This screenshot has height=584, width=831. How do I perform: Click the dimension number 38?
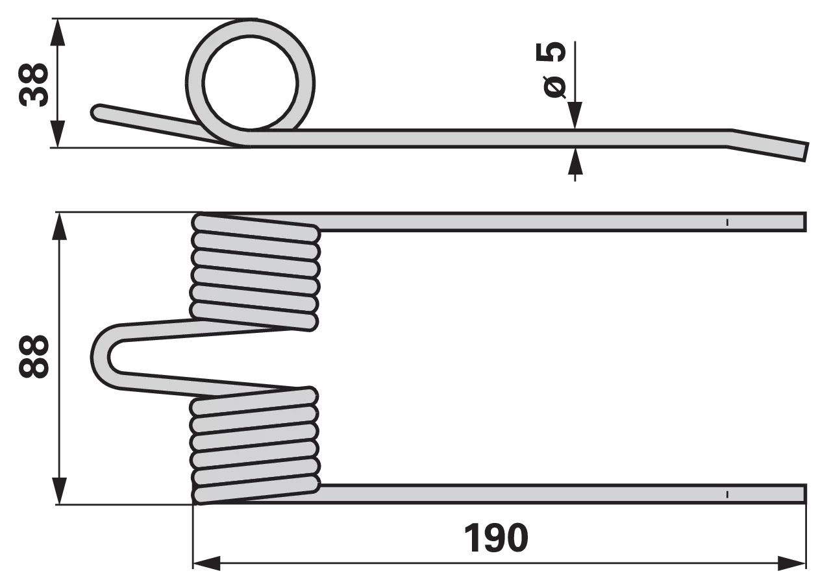(34, 85)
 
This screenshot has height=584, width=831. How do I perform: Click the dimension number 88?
(34, 357)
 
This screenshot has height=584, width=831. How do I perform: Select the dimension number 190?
(496, 538)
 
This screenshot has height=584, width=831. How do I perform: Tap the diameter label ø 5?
(551, 70)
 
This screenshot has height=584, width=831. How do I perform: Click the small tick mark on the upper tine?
(727, 222)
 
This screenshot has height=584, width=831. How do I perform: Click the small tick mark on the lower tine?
(728, 494)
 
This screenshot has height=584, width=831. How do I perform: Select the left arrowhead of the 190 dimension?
(206, 563)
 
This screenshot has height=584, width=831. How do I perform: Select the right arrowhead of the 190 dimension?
(792, 563)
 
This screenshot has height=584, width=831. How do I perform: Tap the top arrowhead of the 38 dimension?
(57, 32)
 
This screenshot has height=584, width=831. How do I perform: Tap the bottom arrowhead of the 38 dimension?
(57, 134)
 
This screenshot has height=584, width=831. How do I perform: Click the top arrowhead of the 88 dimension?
(60, 226)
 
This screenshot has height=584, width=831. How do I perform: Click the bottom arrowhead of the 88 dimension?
(60, 491)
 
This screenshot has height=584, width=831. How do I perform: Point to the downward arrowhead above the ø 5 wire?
(575, 116)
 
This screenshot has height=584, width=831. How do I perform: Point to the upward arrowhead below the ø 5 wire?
(575, 161)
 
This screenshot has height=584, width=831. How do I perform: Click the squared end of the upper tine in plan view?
(804, 222)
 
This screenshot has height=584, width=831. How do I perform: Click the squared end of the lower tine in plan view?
(804, 494)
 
